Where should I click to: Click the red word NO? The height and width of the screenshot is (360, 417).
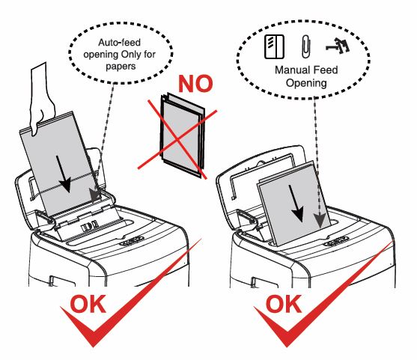point(195,84)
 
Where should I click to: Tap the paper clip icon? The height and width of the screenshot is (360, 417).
point(306,47)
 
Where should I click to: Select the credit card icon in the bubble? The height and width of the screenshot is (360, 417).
point(274,47)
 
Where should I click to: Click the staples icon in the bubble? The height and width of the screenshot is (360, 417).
point(338,45)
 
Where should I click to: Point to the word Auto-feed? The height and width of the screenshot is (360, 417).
point(119,43)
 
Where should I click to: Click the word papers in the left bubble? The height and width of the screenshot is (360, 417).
point(121,66)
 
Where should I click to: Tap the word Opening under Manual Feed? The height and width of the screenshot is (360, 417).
point(306,83)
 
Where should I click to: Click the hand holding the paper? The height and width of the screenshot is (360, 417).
point(41,98)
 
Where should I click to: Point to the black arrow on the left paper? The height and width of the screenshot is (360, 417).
point(64,174)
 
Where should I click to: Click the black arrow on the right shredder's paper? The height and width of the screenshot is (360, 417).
point(296,203)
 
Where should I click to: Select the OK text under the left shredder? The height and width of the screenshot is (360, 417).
point(88,304)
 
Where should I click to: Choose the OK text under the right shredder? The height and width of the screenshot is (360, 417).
point(284,304)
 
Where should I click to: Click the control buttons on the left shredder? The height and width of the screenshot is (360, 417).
point(131,240)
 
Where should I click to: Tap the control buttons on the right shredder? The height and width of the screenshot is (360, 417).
point(336,242)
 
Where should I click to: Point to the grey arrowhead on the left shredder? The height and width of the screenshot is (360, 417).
point(94,195)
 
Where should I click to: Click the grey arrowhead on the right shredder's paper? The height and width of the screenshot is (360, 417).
point(320,220)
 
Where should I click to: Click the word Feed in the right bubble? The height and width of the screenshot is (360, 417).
point(326,70)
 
